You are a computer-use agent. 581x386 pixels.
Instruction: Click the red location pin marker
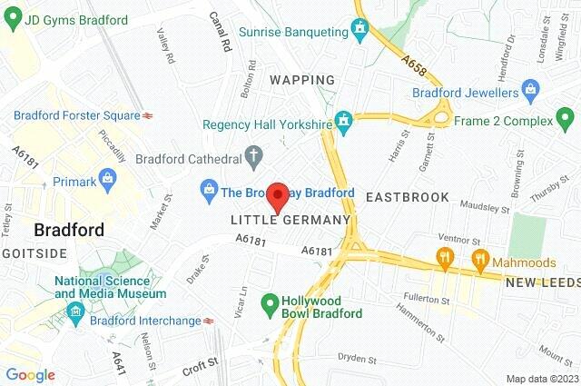280,197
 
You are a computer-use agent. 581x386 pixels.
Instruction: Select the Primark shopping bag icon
108,178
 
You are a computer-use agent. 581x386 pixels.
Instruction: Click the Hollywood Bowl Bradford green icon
270,303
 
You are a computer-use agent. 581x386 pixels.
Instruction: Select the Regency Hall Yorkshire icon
344,120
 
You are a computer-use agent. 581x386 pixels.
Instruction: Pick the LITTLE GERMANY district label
290,220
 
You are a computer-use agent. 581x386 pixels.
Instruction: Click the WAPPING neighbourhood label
302,80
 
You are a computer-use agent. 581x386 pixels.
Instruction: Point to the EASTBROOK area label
407,197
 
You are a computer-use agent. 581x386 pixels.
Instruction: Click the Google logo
30,375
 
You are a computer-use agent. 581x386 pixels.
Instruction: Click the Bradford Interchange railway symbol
209,320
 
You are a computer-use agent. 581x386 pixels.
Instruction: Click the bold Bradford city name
68,229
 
